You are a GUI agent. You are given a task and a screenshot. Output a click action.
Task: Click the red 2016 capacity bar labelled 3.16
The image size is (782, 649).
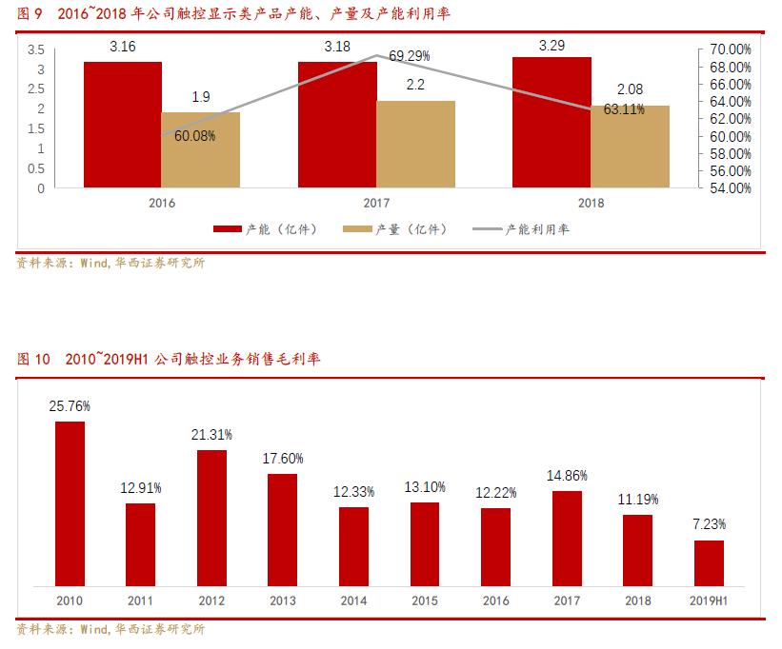pyautogui.click(x=122, y=125)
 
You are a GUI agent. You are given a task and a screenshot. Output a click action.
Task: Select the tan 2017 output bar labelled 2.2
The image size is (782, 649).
pyautogui.click(x=415, y=144)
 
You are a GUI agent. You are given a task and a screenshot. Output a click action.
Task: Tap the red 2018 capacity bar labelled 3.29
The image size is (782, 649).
pyautogui.click(x=551, y=122)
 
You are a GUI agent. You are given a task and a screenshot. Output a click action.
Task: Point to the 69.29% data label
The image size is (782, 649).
pyautogui.click(x=410, y=56)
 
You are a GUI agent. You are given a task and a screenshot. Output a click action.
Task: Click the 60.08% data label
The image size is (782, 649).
pyautogui.click(x=194, y=136)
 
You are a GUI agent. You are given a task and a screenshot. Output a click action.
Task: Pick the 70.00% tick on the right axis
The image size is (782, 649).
pyautogui.click(x=731, y=49)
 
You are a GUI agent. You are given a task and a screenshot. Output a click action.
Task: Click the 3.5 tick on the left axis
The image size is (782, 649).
pyautogui.click(x=35, y=49)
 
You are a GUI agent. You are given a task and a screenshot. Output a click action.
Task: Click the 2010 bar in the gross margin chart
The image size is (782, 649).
pyautogui.click(x=70, y=503)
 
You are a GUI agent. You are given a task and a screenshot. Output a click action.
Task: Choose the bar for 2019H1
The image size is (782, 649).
pyautogui.click(x=709, y=563)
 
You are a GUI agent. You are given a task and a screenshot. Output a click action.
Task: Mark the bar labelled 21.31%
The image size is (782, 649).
pyautogui.click(x=211, y=518)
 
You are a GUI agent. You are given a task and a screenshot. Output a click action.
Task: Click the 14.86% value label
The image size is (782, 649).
pyautogui.click(x=567, y=475)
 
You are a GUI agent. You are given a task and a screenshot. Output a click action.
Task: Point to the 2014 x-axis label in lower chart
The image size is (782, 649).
pyautogui.click(x=353, y=601)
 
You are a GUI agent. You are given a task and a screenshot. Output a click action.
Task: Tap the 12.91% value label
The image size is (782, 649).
pyautogui.click(x=141, y=487)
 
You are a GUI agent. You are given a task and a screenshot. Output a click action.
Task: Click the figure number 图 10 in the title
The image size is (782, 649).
pyautogui.click(x=33, y=360)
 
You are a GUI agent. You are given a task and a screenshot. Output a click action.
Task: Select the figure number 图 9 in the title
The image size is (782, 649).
pyautogui.click(x=30, y=14)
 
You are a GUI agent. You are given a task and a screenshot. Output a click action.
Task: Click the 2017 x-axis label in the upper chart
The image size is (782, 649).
pyautogui.click(x=376, y=203)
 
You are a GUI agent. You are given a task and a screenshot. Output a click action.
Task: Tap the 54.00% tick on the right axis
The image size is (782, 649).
pyautogui.click(x=731, y=188)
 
